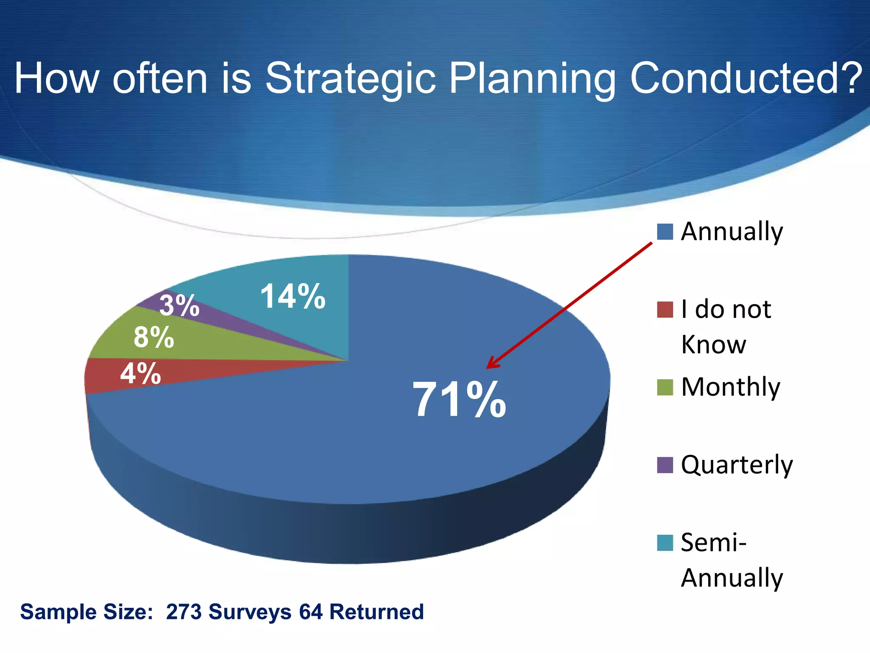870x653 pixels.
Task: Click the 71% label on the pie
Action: click(459, 400)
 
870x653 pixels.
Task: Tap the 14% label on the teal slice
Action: click(293, 296)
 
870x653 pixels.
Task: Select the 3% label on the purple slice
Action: click(179, 305)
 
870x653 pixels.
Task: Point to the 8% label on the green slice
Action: click(154, 338)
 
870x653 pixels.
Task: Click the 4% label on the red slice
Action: click(141, 374)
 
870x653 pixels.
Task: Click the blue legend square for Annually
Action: click(665, 232)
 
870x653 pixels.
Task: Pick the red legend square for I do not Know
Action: click(665, 310)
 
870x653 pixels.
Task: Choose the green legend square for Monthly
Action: click(665, 387)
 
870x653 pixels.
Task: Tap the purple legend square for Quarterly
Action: click(665, 465)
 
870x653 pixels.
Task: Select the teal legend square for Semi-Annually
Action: click(665, 543)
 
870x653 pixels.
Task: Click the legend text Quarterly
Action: click(737, 465)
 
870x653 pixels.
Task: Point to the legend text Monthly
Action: click(731, 387)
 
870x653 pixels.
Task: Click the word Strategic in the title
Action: click(350, 79)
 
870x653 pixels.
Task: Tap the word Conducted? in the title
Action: click(746, 78)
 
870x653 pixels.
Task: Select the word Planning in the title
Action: click(532, 79)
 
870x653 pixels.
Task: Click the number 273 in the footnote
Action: click(184, 612)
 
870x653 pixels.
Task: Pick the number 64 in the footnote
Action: click(311, 612)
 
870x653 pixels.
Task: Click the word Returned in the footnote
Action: click(376, 612)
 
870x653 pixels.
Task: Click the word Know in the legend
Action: click(714, 344)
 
